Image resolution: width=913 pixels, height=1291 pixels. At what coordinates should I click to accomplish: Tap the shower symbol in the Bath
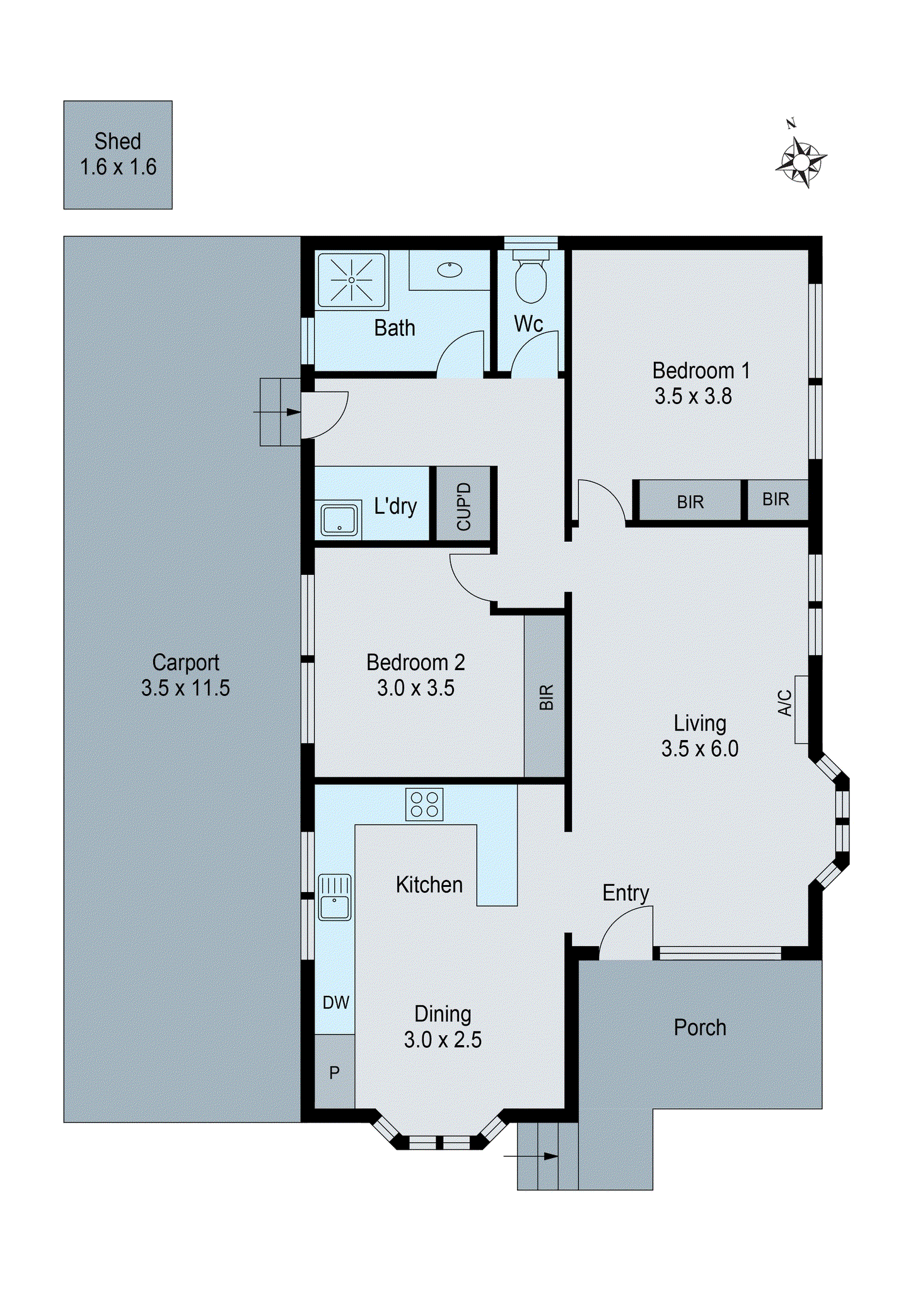pyautogui.click(x=351, y=280)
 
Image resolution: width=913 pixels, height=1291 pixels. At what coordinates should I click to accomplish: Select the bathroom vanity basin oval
pyautogui.click(x=450, y=270)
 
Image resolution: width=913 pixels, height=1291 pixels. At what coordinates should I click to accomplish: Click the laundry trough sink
pyautogui.click(x=339, y=520)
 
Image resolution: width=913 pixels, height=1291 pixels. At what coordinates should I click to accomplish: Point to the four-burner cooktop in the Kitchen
pyautogui.click(x=424, y=804)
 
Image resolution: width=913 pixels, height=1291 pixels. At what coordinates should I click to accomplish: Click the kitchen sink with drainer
pyautogui.click(x=334, y=897)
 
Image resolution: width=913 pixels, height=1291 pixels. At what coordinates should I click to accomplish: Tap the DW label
pyautogui.click(x=335, y=1002)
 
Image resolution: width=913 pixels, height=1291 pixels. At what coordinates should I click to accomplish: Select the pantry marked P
pyautogui.click(x=334, y=1072)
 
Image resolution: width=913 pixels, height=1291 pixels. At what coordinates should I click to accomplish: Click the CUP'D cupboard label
pyautogui.click(x=464, y=506)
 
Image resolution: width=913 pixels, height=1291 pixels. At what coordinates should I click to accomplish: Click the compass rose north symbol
pyautogui.click(x=801, y=162)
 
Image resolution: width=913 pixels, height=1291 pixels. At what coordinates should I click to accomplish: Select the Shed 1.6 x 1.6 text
pyautogui.click(x=118, y=154)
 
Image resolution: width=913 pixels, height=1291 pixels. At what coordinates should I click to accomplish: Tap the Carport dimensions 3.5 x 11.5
pyautogui.click(x=185, y=688)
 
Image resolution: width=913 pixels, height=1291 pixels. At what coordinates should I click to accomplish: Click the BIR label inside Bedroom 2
pyautogui.click(x=546, y=697)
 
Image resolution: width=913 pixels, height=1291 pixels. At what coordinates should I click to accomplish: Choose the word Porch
pyautogui.click(x=700, y=1028)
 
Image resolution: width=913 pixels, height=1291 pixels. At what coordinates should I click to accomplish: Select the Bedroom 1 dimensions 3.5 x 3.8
pyautogui.click(x=693, y=396)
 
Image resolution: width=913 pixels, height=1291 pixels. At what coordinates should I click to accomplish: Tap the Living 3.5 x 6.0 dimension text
pyautogui.click(x=700, y=748)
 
